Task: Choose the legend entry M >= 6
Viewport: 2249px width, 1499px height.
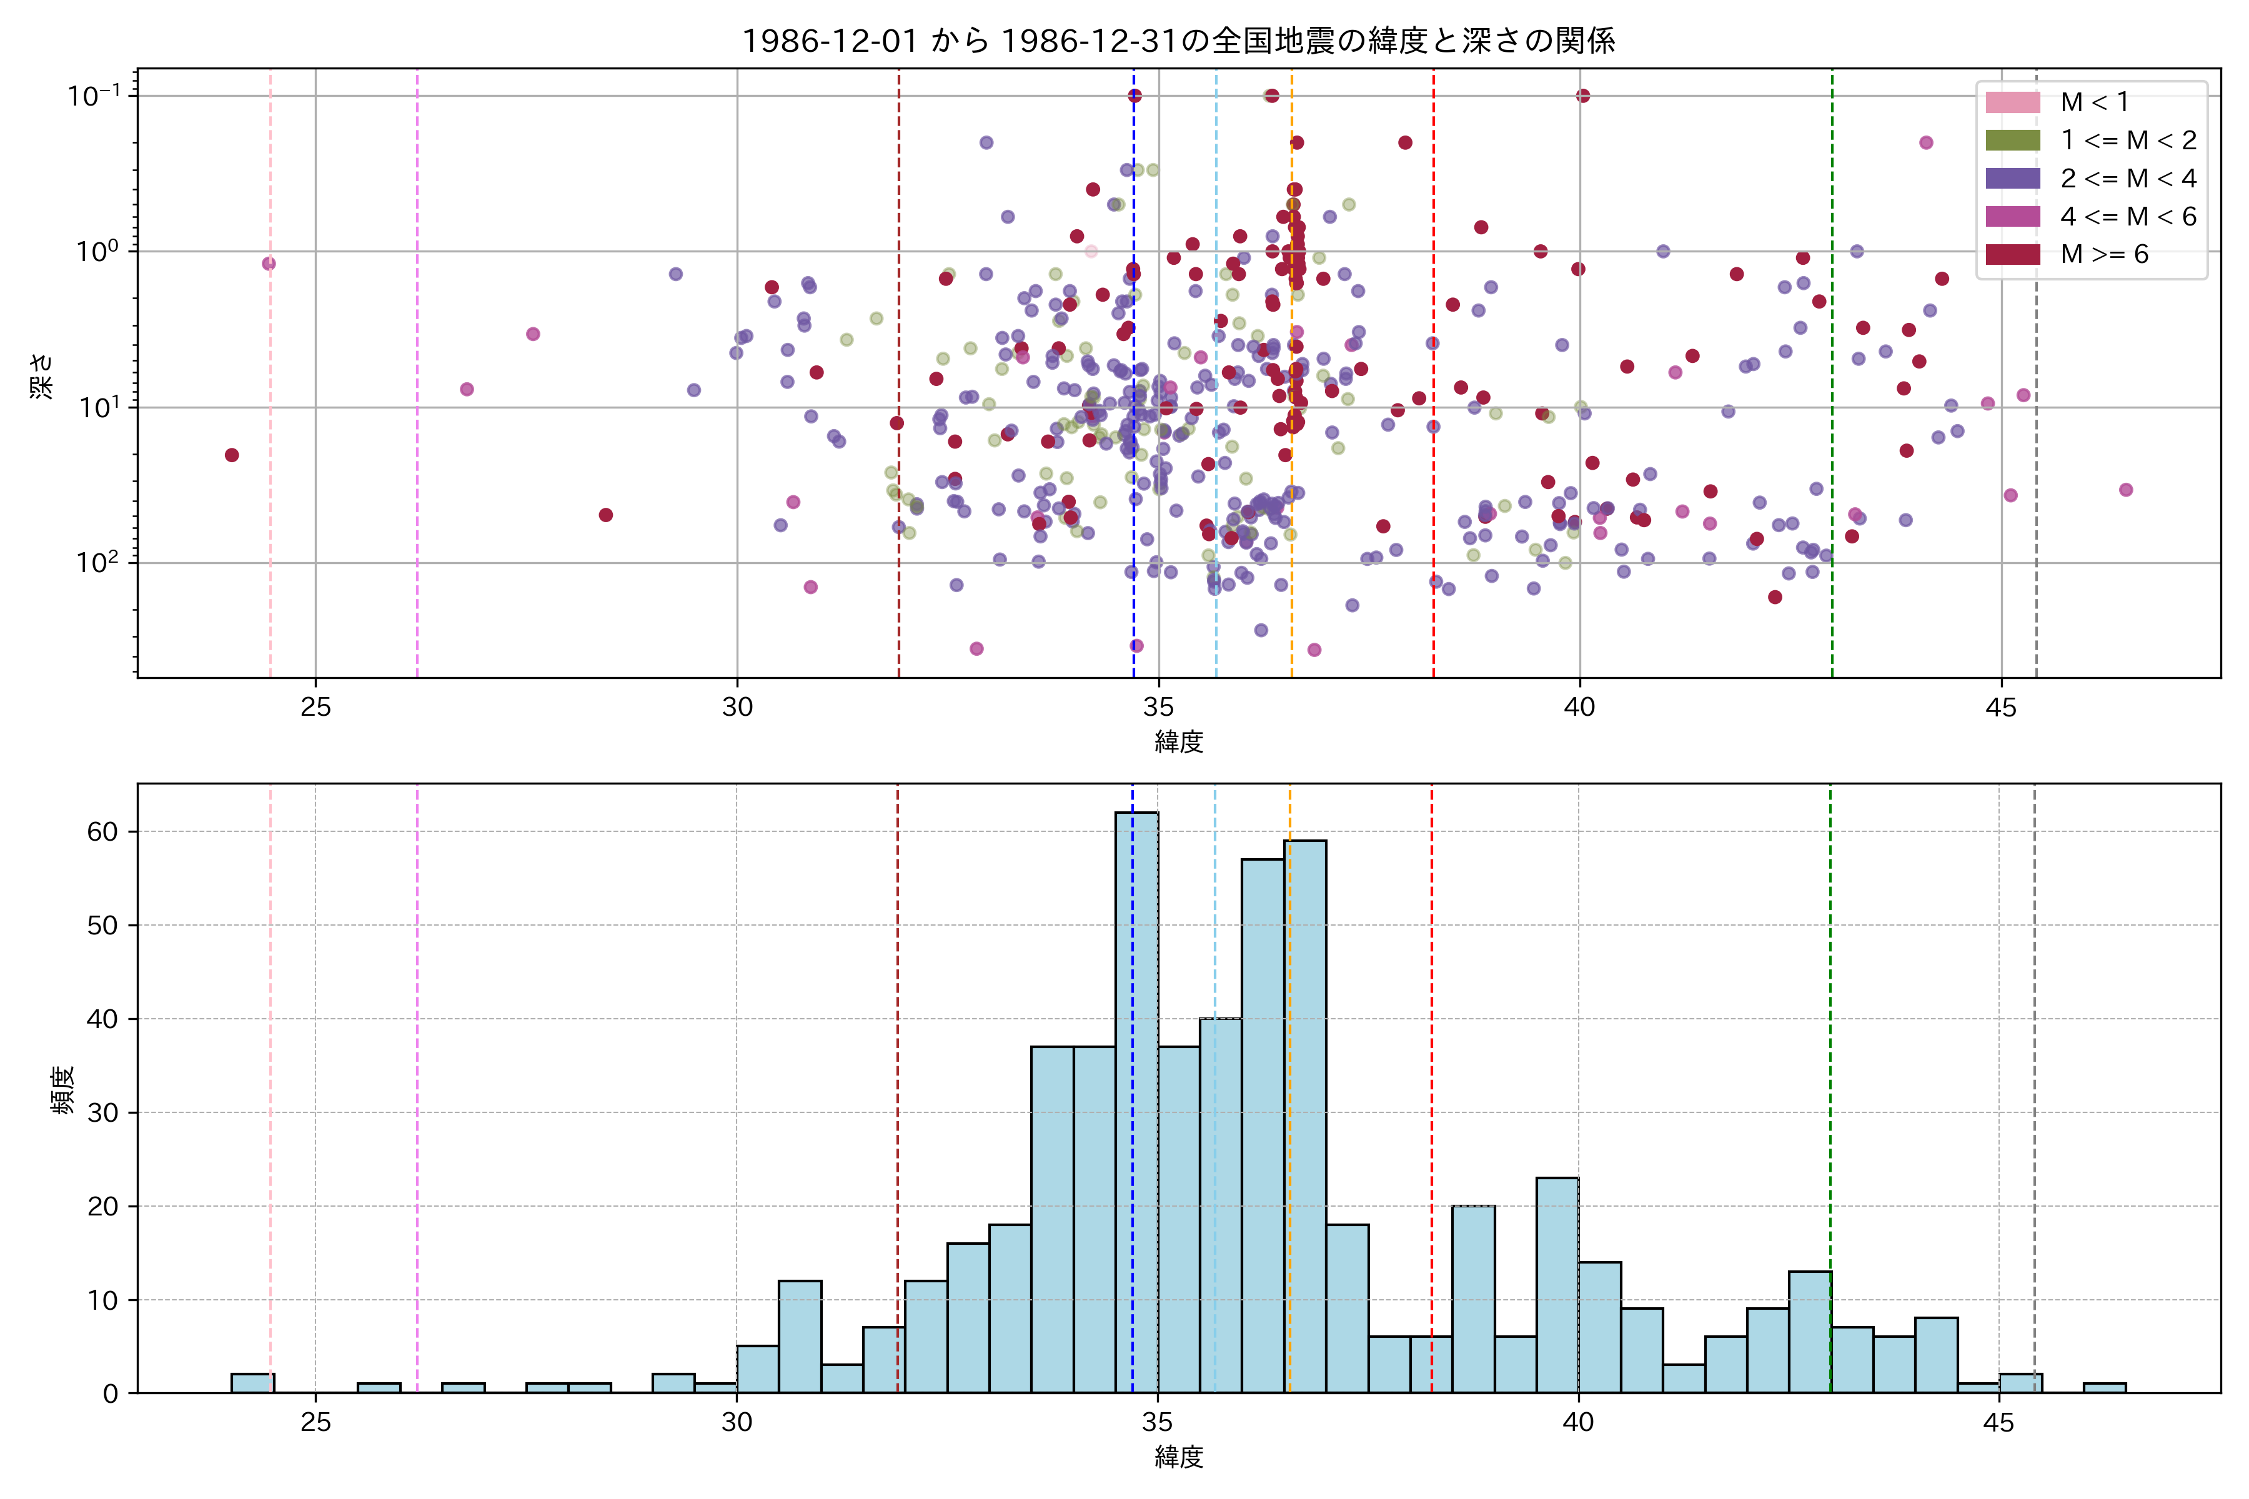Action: (x=2103, y=254)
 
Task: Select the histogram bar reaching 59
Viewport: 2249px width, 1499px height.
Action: (x=1304, y=1114)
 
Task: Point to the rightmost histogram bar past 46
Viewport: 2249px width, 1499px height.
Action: (x=2105, y=1387)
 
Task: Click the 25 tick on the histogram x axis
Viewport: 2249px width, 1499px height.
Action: (x=315, y=1423)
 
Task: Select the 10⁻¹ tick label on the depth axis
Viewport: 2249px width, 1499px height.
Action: (x=94, y=96)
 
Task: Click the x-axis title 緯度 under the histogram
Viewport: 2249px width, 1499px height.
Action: (x=1178, y=1457)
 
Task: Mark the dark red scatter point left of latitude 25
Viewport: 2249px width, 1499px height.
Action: (x=231, y=455)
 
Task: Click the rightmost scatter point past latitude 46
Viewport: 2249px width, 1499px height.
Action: (x=2126, y=490)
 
